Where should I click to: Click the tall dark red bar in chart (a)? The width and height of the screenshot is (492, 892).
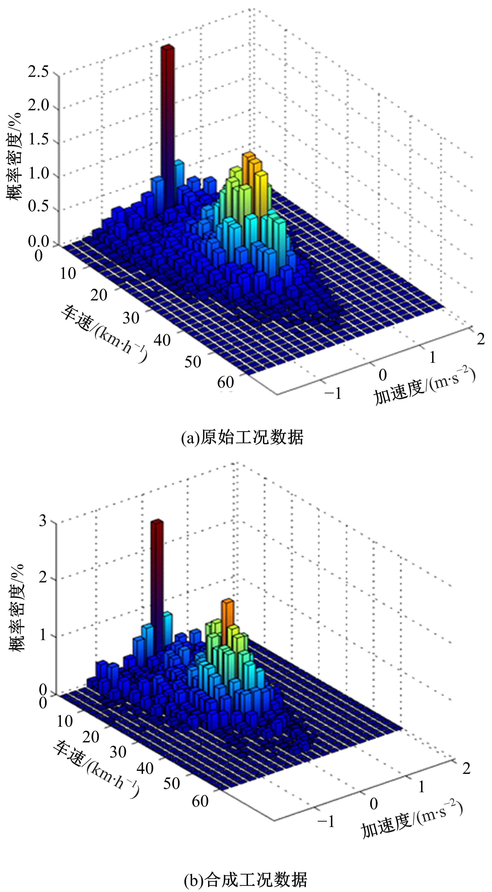click(168, 125)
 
